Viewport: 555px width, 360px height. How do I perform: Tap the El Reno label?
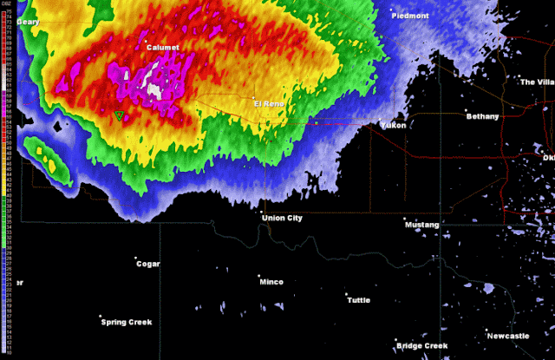point(269,103)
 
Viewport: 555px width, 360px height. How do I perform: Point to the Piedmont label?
point(410,16)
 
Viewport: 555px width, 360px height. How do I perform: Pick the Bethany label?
point(483,115)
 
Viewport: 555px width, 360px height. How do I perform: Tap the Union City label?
point(283,218)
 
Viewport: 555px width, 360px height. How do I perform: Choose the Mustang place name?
point(421,225)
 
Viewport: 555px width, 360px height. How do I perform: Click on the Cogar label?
point(148,264)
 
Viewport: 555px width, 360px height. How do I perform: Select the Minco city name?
point(271,282)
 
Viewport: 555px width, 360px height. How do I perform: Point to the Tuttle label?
point(358,300)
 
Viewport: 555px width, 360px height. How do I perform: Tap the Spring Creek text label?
point(127,322)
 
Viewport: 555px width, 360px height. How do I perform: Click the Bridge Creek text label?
point(422,346)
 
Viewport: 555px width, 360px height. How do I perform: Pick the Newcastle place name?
point(507,336)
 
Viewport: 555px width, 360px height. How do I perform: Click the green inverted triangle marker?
point(120,115)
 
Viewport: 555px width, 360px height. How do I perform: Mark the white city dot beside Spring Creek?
point(101,317)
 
